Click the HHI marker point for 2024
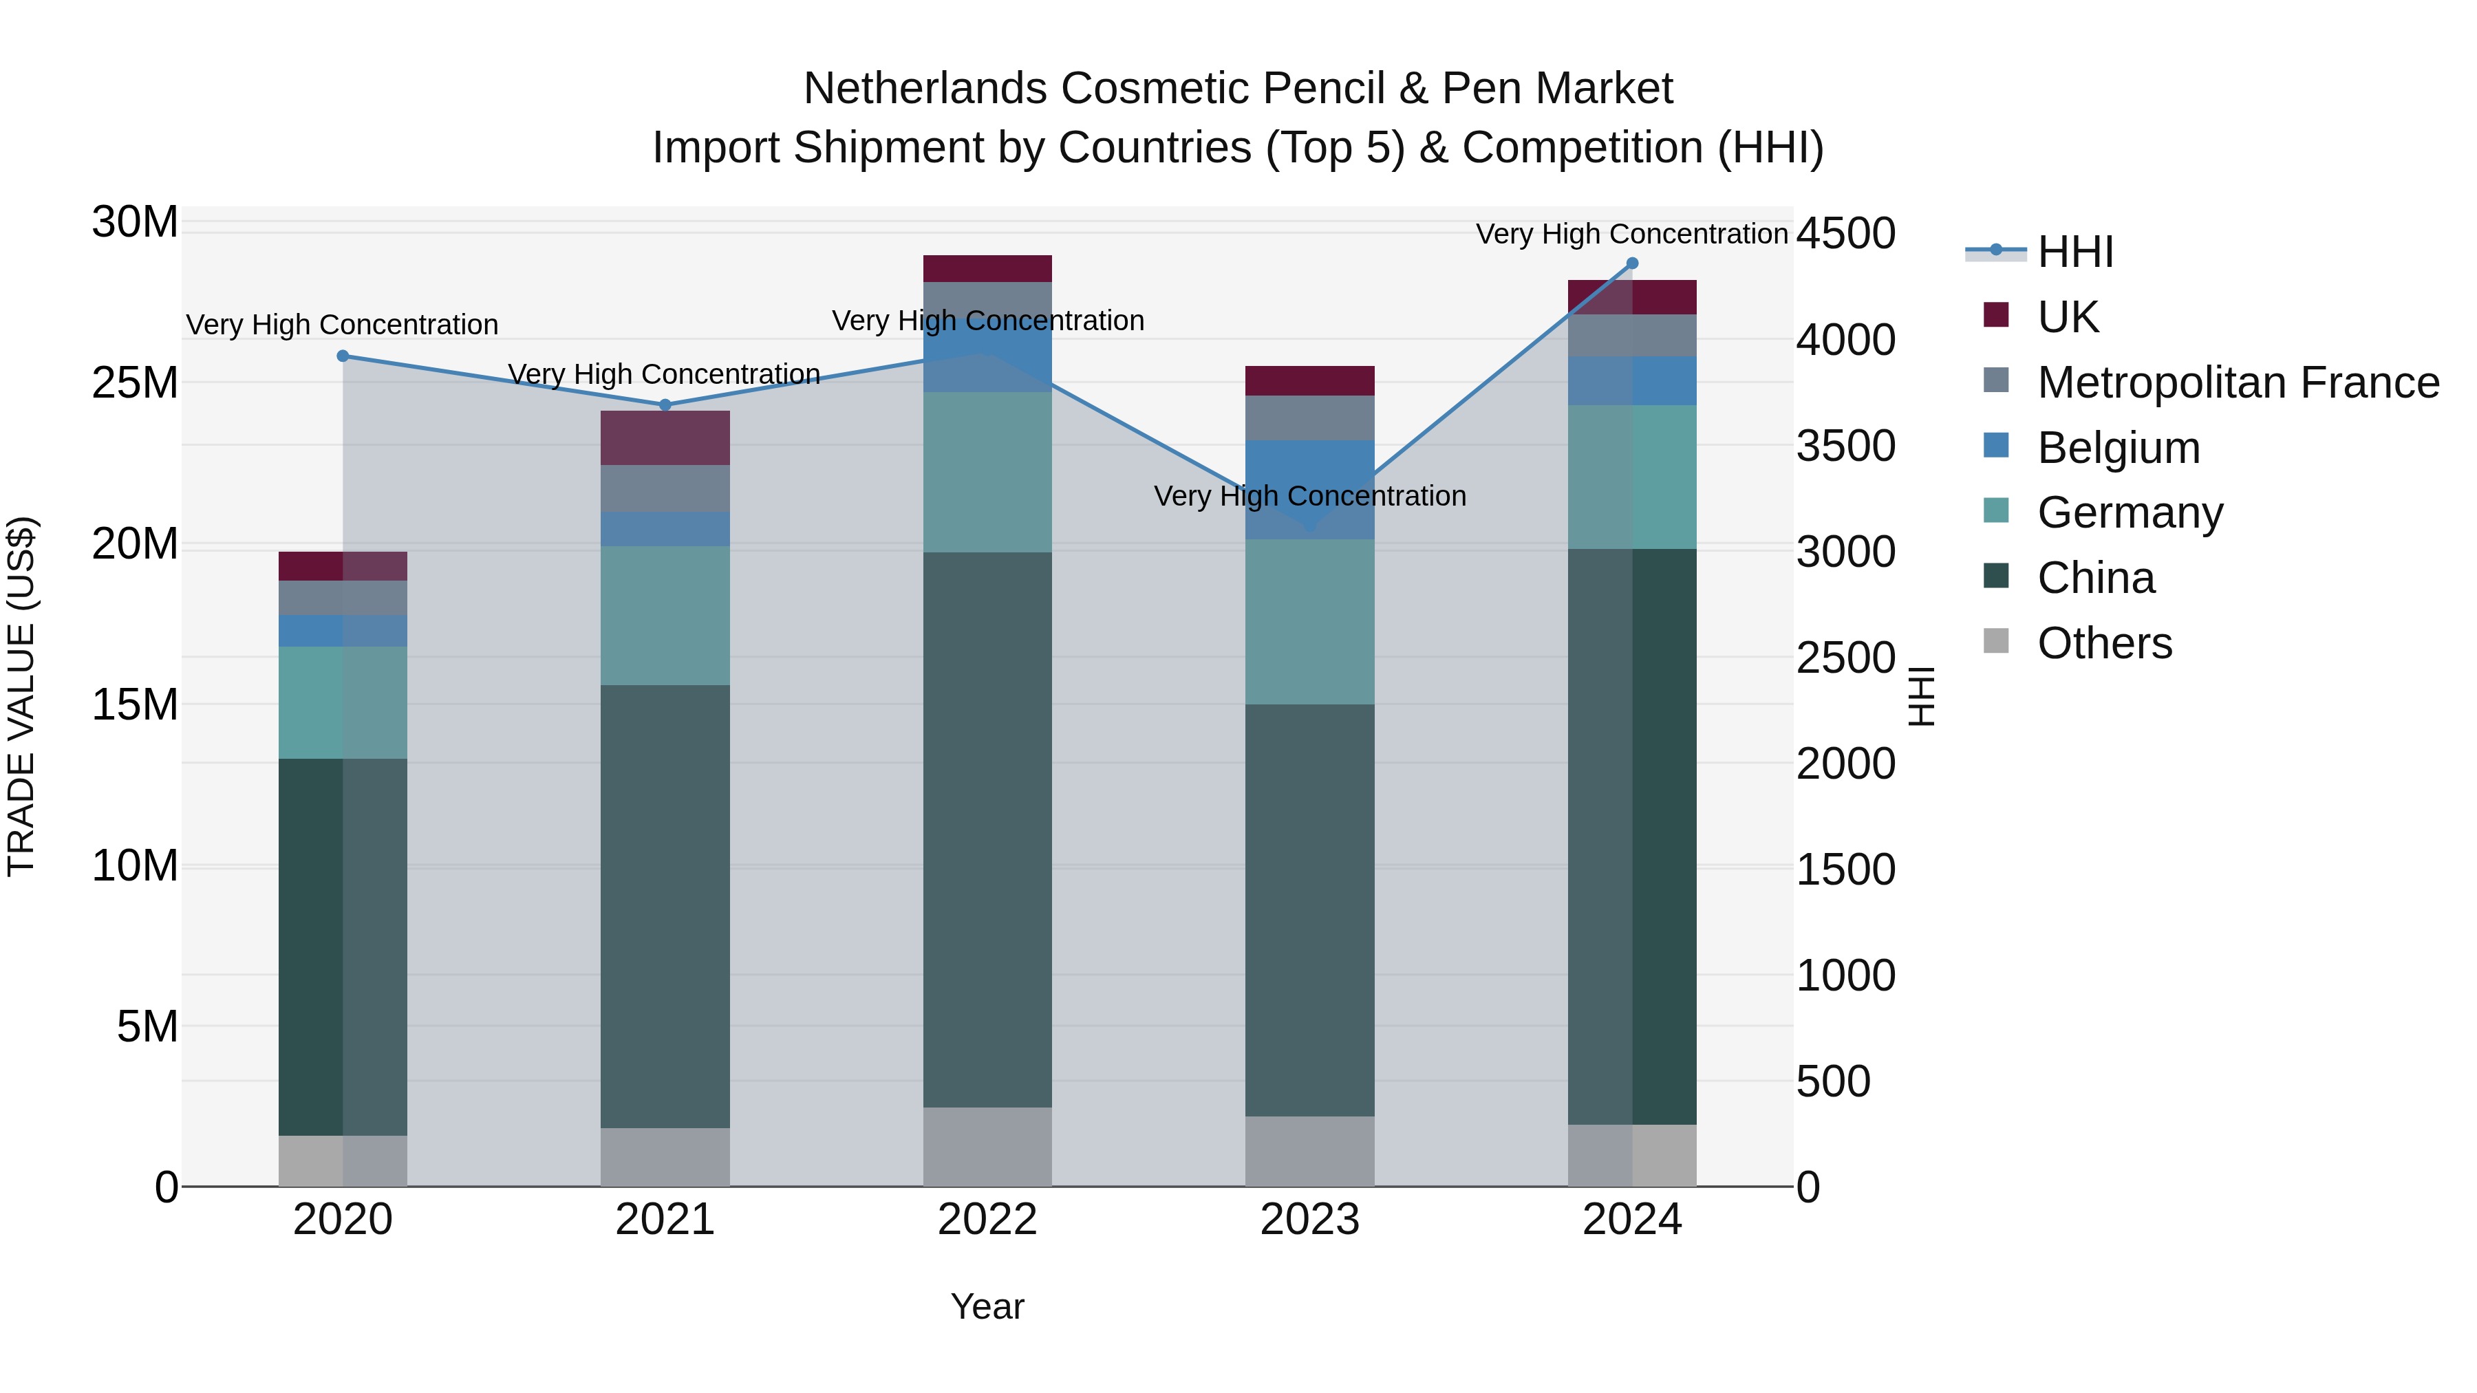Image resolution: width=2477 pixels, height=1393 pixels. (1632, 263)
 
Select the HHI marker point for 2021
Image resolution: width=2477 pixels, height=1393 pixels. (665, 404)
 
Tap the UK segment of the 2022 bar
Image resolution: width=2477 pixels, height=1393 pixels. (987, 268)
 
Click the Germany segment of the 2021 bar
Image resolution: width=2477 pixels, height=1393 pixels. (665, 615)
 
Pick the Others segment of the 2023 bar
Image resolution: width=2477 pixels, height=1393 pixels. (1309, 1151)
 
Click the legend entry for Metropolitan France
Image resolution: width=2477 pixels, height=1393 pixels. (2237, 382)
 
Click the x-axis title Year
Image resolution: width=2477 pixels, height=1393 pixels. (987, 1306)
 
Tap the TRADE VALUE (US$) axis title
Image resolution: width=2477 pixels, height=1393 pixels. (21, 696)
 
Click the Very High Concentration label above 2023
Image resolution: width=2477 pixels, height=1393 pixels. (1309, 496)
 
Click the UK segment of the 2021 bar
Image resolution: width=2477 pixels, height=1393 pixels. (665, 438)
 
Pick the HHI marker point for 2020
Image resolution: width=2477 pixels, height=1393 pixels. (343, 356)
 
